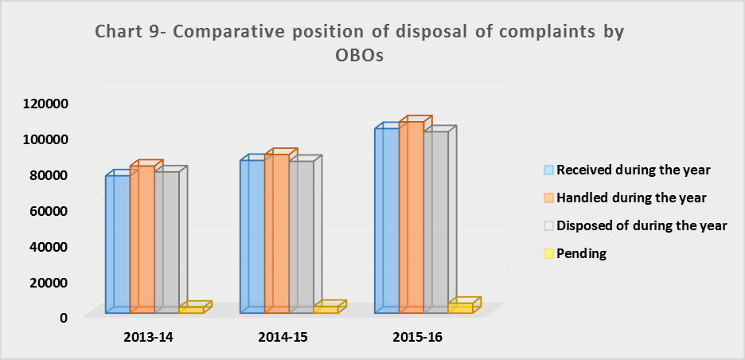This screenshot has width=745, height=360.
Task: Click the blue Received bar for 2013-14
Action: [x=117, y=244]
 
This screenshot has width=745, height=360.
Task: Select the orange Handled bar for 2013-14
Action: [x=142, y=239]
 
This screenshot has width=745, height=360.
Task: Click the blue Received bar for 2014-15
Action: [x=252, y=237]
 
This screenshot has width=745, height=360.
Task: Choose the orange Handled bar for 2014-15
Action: [x=277, y=233]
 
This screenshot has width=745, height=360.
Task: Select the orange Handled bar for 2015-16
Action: [x=412, y=217]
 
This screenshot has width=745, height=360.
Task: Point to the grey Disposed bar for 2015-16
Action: [x=436, y=222]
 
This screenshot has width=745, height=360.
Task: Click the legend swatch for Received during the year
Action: [x=548, y=170]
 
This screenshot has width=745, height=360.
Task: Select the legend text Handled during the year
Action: [x=631, y=198]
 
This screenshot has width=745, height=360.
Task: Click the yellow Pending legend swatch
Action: [x=548, y=253]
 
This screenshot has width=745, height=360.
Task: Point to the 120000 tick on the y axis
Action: [x=46, y=102]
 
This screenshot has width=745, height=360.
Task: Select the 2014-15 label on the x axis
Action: [x=283, y=338]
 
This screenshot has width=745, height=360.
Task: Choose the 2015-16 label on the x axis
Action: [x=418, y=338]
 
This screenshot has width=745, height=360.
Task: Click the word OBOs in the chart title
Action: [x=358, y=56]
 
